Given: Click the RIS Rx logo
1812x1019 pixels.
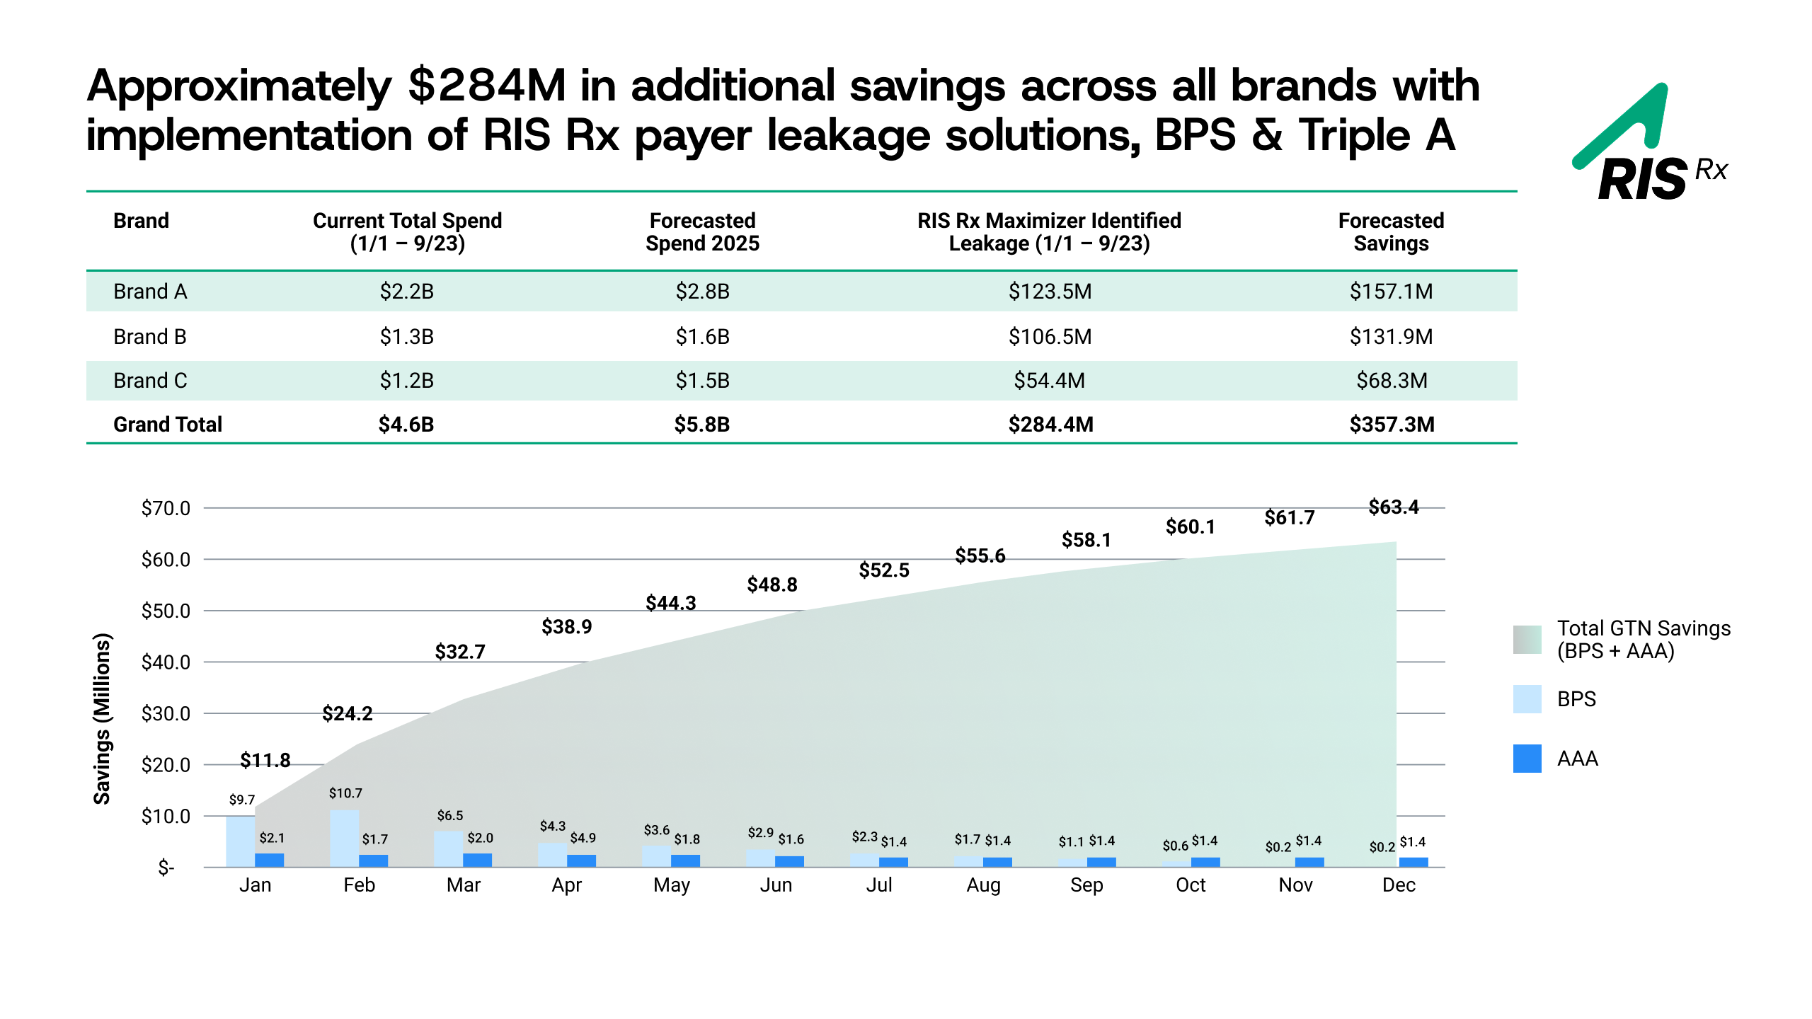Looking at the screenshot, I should (1649, 145).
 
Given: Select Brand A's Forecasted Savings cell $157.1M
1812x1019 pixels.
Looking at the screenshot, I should (1390, 292).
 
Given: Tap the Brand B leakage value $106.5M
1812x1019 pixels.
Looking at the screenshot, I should (1050, 337).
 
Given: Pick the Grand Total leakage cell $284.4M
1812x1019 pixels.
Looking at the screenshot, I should (1050, 425).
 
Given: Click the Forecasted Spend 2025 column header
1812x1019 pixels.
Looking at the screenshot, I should (701, 232).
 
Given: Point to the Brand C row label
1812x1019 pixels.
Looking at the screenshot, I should (150, 381).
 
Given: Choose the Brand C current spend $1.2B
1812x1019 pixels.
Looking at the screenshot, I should (406, 381).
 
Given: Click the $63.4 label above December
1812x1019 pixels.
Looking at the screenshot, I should (1393, 507).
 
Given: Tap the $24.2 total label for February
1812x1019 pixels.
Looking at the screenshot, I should (347, 713).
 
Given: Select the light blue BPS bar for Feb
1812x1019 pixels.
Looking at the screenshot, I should (344, 839).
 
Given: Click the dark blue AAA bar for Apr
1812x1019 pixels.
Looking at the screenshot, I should (581, 860).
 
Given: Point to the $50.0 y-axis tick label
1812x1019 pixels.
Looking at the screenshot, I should (166, 611).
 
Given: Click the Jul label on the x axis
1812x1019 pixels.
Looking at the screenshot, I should (879, 885).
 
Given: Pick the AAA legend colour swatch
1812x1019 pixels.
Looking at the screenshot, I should (1527, 759).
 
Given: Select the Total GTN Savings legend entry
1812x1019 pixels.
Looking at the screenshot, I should (1642, 640).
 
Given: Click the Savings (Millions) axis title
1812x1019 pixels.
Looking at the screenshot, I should (103, 718).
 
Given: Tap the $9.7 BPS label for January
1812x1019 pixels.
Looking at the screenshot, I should (241, 800).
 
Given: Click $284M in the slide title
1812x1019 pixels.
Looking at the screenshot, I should (487, 86).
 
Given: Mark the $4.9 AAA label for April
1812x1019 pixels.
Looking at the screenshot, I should (583, 838).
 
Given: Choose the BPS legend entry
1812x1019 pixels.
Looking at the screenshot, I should (1576, 699).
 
